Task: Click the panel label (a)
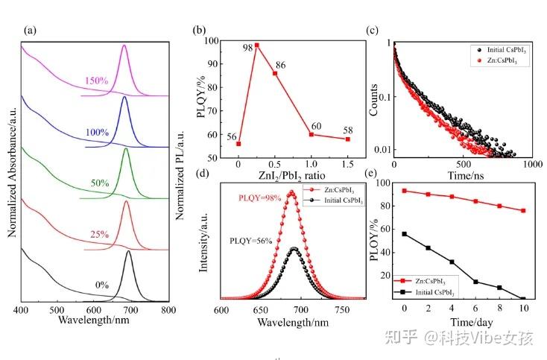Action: point(31,31)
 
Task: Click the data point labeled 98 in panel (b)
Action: point(256,45)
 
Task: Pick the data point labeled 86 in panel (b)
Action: point(275,73)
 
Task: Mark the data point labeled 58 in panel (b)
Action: point(347,139)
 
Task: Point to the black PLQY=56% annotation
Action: point(252,242)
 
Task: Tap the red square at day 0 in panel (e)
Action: point(405,191)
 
